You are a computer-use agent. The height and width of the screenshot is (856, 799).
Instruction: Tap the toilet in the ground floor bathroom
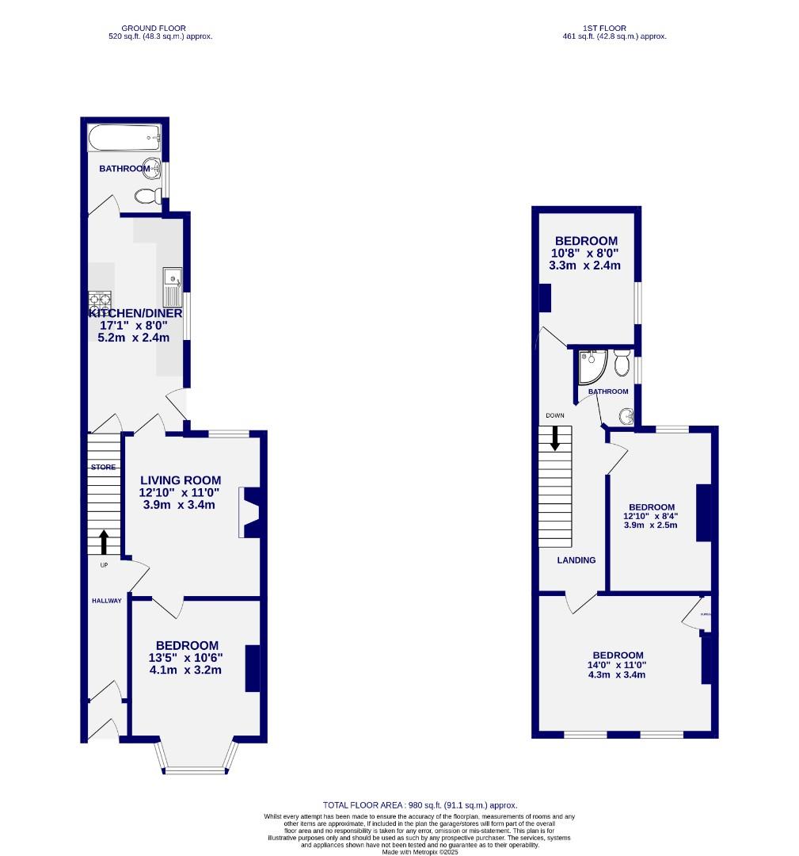[x=146, y=195]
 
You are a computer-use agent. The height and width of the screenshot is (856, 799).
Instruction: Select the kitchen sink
[x=173, y=286]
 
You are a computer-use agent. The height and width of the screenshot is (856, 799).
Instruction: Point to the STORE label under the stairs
[x=102, y=468]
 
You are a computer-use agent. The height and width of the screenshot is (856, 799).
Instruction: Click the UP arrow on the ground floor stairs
[x=104, y=543]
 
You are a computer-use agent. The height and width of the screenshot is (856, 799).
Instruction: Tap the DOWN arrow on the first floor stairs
[x=555, y=438]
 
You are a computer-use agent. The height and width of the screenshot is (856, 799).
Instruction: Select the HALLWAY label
[x=105, y=601]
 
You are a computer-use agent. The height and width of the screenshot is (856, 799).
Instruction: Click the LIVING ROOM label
[x=181, y=480]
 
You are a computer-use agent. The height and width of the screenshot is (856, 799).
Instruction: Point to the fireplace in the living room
[x=250, y=514]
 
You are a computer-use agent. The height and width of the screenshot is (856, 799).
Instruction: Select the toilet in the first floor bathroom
[x=622, y=365]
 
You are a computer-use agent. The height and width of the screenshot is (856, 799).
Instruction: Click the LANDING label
[x=576, y=560]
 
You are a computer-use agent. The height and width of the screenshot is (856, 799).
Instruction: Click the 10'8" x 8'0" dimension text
[x=585, y=254]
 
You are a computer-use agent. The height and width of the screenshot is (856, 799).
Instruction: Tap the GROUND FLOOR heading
[x=160, y=29]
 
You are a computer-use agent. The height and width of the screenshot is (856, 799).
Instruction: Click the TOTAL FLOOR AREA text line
[x=420, y=805]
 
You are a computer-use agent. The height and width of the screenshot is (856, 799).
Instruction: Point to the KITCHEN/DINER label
[x=135, y=313]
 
